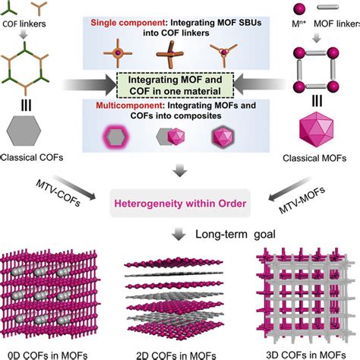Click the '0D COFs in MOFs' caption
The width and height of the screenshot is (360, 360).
coord(50,352)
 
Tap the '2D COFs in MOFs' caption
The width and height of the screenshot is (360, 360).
coord(180,352)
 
